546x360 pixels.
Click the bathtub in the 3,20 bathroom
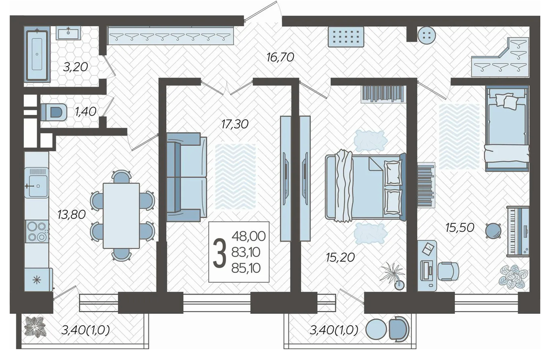pos(37,55)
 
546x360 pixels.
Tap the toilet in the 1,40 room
pos(54,112)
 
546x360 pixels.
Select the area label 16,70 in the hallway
pos(280,57)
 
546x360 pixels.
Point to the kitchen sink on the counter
pos(36,182)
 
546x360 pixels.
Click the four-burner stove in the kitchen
pos(36,231)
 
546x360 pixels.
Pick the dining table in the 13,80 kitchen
pos(121,215)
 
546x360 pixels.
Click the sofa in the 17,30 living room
pos(187,177)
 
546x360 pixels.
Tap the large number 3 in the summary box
pos(219,252)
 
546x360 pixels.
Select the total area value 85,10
pos(246,268)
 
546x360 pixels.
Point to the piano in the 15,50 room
pos(518,230)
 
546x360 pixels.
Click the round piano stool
pos(494,230)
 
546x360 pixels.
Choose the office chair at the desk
pos(448,271)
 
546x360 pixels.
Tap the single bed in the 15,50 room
pos(507,129)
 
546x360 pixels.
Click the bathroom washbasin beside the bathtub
pos(68,33)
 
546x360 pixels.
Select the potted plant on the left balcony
pos(34,326)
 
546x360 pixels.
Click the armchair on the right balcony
pos(398,328)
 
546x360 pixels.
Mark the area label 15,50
pos(459,228)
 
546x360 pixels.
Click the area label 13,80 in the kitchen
pos(72,214)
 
